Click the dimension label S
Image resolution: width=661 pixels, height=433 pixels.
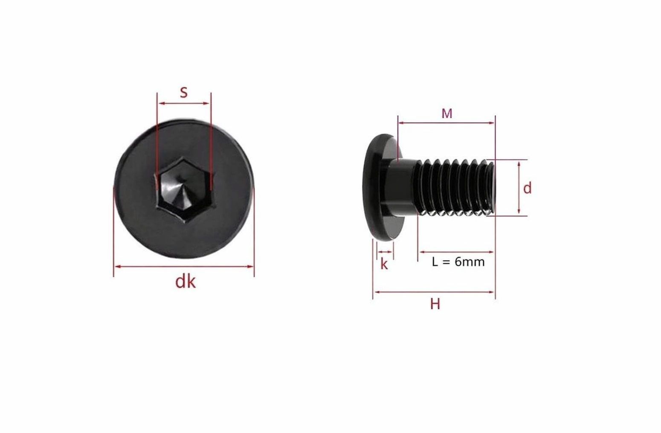[183, 93]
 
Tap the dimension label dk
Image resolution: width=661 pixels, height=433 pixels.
[186, 282]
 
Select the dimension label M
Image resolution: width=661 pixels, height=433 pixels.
[447, 113]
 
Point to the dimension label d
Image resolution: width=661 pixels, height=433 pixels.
[528, 188]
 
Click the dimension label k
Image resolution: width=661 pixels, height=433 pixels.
[384, 264]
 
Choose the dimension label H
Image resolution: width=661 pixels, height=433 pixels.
[435, 304]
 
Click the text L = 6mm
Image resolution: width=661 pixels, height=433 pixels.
[458, 262]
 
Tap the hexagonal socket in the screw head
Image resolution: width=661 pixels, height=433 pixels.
[184, 189]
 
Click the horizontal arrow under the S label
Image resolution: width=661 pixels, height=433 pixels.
[184, 103]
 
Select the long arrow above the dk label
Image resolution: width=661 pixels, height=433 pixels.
[184, 267]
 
